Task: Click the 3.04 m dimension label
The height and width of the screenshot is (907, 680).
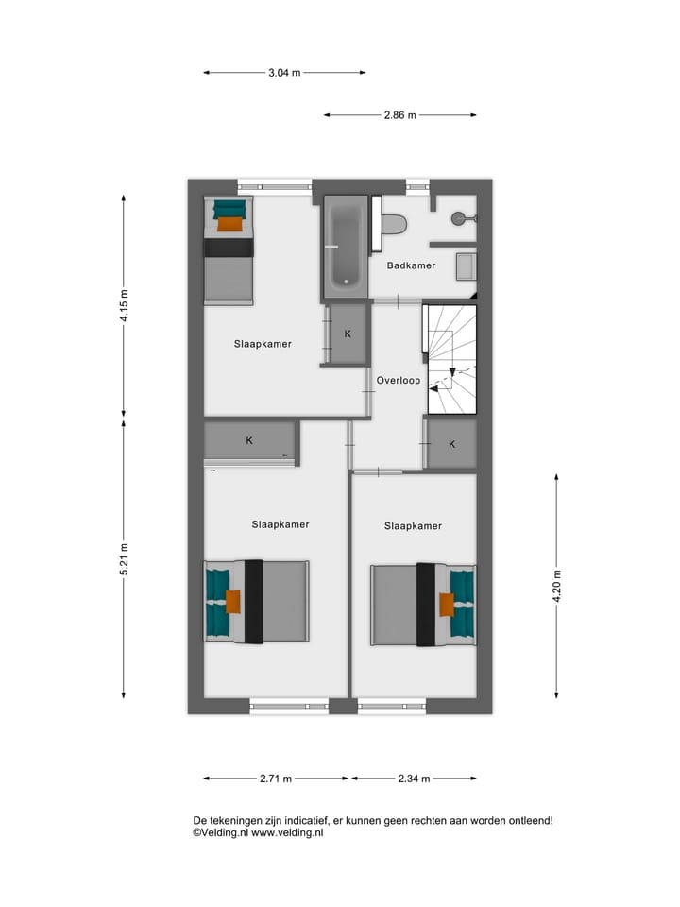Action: click(x=284, y=73)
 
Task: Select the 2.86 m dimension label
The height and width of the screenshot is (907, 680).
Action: click(x=399, y=115)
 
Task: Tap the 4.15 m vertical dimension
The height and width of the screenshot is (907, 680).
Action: click(x=123, y=305)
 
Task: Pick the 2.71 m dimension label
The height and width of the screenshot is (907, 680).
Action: click(x=276, y=779)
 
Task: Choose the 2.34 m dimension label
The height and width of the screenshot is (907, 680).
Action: click(x=414, y=779)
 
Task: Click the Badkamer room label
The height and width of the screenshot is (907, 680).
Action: click(x=411, y=265)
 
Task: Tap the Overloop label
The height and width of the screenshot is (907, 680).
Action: click(x=398, y=381)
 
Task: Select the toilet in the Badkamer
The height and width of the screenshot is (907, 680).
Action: click(x=393, y=225)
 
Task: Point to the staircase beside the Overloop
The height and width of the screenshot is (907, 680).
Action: click(x=452, y=359)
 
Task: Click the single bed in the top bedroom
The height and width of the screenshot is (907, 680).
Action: click(x=229, y=250)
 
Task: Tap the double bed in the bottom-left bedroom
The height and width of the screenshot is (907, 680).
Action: click(x=257, y=602)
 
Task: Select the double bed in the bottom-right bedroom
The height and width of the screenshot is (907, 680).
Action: click(x=423, y=605)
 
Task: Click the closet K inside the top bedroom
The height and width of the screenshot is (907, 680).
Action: click(x=347, y=334)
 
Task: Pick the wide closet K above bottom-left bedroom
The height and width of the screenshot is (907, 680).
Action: click(x=249, y=441)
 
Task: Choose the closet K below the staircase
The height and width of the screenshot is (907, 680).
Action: click(x=451, y=444)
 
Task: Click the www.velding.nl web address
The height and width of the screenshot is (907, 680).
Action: click(x=287, y=833)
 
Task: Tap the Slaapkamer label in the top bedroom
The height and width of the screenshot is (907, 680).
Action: click(x=263, y=344)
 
